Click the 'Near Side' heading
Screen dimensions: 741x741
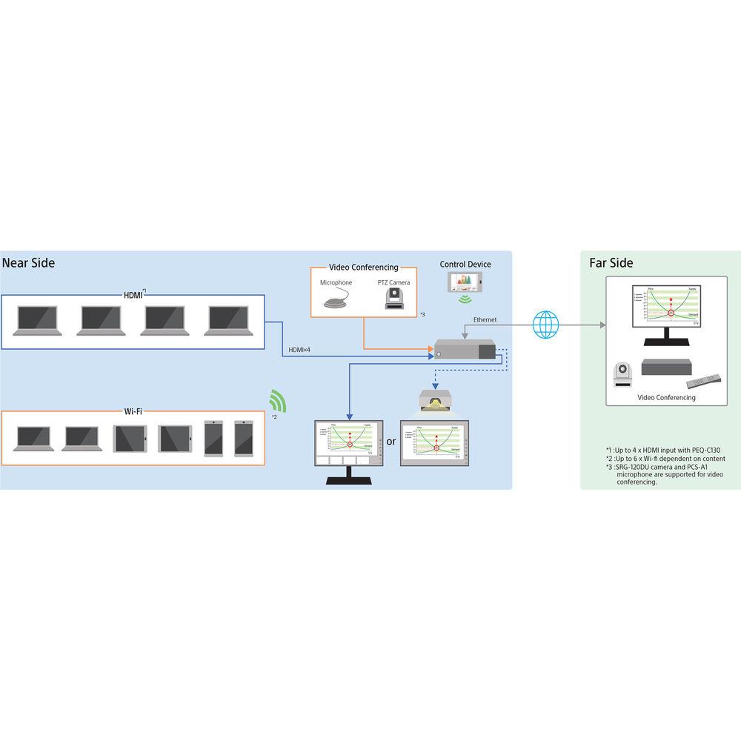(x=29, y=263)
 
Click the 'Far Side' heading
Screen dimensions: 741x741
(x=611, y=263)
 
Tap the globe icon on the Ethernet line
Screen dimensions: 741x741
(x=546, y=325)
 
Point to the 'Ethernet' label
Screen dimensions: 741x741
(x=485, y=319)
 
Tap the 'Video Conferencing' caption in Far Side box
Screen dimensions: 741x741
(x=666, y=398)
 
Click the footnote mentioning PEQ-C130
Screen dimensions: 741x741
(x=662, y=450)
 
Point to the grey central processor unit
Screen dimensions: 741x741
(x=465, y=350)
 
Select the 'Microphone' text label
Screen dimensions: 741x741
(x=336, y=282)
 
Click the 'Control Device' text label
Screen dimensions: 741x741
(x=465, y=265)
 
